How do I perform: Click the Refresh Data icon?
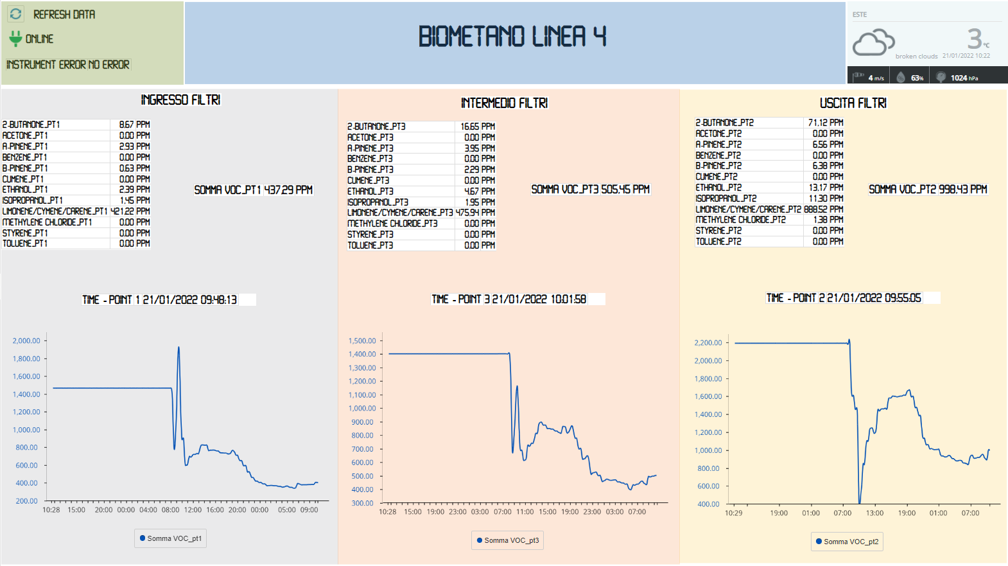(x=16, y=13)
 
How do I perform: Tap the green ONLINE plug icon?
(x=16, y=39)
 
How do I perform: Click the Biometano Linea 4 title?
(x=512, y=37)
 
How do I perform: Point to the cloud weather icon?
(x=873, y=42)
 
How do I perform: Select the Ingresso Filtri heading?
(x=180, y=100)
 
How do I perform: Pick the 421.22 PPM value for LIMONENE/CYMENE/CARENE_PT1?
(x=130, y=211)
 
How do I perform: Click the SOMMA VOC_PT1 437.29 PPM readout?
(x=254, y=190)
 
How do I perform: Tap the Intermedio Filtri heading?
(x=504, y=103)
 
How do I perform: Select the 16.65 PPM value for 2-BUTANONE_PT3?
(x=478, y=127)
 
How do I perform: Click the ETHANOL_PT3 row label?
(x=370, y=191)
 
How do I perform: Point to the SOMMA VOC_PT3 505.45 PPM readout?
(x=590, y=190)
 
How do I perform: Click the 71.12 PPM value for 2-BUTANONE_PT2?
(x=826, y=123)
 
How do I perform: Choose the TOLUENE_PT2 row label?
(x=718, y=242)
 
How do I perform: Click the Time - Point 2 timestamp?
(x=844, y=298)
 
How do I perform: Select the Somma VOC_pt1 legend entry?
(x=171, y=538)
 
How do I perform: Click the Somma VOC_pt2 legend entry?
(x=847, y=542)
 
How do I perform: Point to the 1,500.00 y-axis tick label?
(x=362, y=341)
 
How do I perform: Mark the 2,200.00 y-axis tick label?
(x=708, y=343)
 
